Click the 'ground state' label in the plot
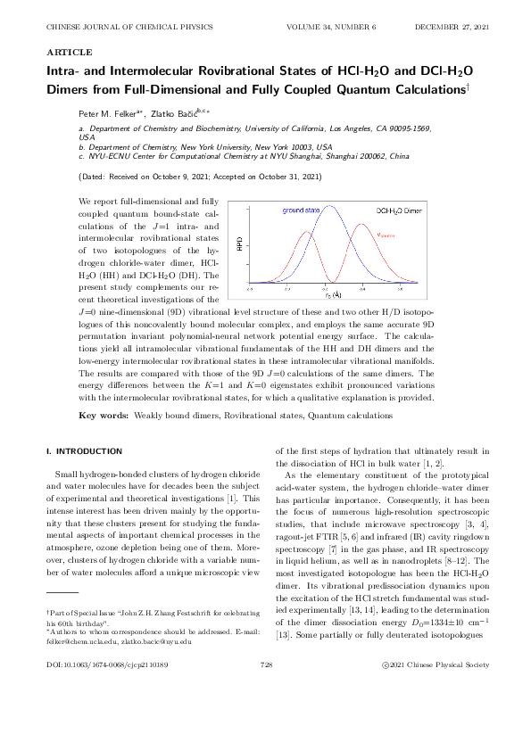tap(302, 210)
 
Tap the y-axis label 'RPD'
tap(240, 243)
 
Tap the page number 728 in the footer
tap(265, 715)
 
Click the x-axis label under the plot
tap(331, 293)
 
